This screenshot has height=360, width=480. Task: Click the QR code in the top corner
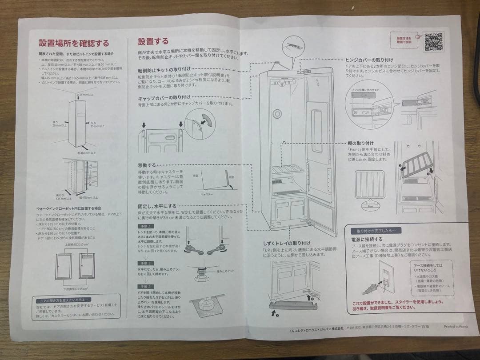tap(433, 41)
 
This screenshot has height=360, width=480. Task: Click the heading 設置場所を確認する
tap(74, 44)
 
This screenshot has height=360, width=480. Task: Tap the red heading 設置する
tap(153, 42)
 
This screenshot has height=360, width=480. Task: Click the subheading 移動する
tap(147, 165)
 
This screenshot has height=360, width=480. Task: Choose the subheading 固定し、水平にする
tap(157, 206)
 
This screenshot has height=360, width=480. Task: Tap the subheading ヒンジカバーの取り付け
tap(369, 60)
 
